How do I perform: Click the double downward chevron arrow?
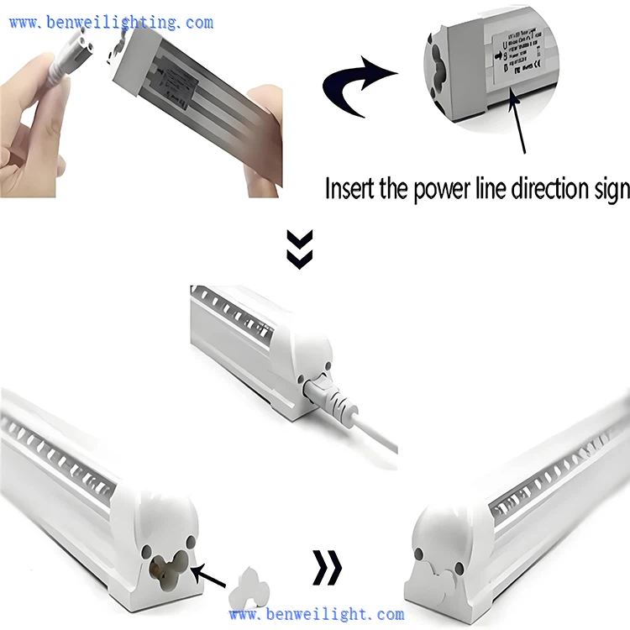click(300, 249)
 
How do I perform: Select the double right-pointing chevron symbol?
click(328, 567)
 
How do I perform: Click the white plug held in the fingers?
click(66, 66)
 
